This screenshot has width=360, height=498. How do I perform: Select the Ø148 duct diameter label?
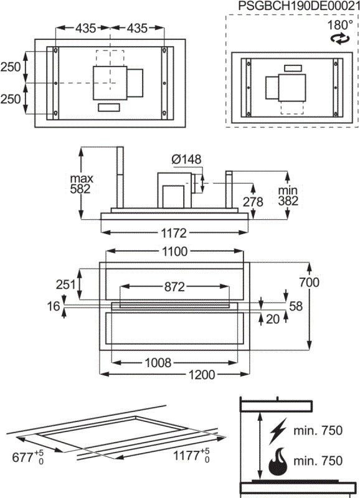coord(186,160)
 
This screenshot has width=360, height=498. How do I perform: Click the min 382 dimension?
coord(288,195)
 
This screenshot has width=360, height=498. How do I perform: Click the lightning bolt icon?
coord(277,430)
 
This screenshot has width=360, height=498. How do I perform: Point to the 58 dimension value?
coord(295,306)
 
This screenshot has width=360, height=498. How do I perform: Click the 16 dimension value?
coord(54,306)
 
